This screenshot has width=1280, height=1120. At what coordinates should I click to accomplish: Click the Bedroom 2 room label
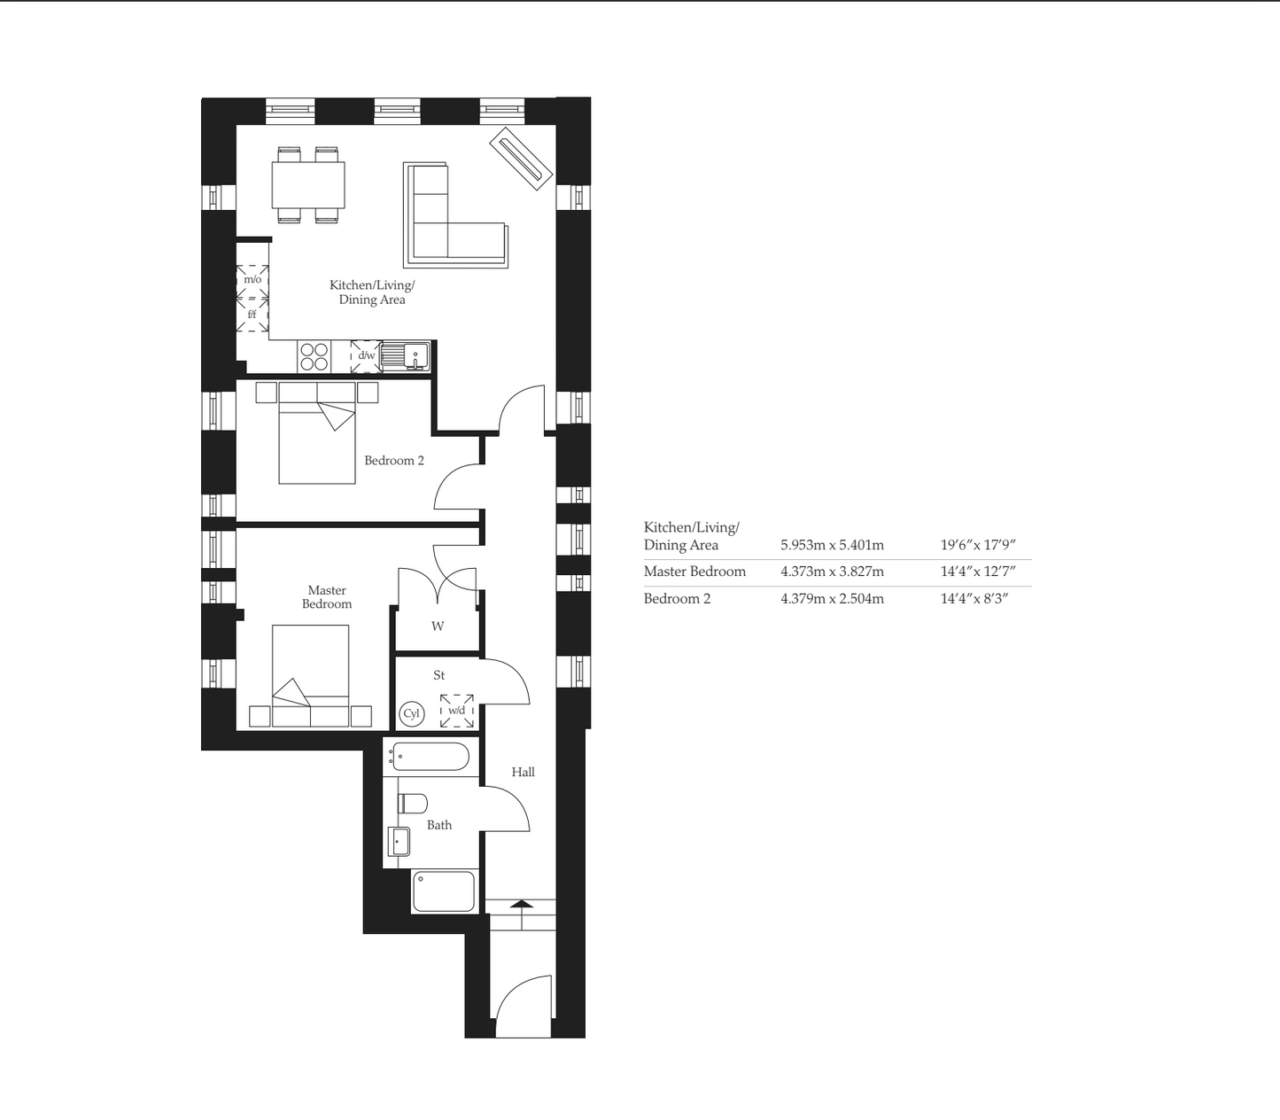pyautogui.click(x=394, y=461)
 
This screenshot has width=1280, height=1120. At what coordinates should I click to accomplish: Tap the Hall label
pyautogui.click(x=523, y=772)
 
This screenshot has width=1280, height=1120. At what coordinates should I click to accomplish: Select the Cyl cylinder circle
pyautogui.click(x=412, y=713)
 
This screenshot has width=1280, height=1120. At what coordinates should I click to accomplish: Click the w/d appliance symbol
pyautogui.click(x=457, y=711)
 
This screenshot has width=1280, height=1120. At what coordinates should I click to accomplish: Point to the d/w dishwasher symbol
pyautogui.click(x=367, y=355)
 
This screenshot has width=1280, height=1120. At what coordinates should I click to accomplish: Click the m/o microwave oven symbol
pyautogui.click(x=252, y=280)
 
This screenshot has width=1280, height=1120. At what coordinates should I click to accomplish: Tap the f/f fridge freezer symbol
pyautogui.click(x=252, y=315)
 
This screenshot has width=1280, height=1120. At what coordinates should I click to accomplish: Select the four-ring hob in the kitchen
pyautogui.click(x=314, y=356)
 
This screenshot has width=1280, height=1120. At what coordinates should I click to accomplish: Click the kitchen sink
pyautogui.click(x=406, y=355)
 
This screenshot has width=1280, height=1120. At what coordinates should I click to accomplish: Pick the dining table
pyautogui.click(x=308, y=185)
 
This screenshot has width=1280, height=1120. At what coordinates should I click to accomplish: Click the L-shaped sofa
pyautogui.click(x=455, y=215)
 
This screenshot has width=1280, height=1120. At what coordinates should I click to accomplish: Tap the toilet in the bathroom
pyautogui.click(x=413, y=804)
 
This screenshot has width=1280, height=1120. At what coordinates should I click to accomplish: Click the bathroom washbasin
pyautogui.click(x=399, y=842)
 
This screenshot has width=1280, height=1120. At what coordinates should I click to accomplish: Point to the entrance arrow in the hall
pyautogui.click(x=522, y=904)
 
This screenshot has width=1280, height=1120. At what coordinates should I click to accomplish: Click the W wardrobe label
pyautogui.click(x=438, y=626)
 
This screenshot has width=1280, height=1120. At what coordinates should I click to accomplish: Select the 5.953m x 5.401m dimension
pyautogui.click(x=832, y=545)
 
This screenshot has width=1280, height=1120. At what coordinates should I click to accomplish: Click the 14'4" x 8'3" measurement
pyautogui.click(x=974, y=599)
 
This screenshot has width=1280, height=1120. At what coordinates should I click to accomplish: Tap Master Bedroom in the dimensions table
pyautogui.click(x=694, y=572)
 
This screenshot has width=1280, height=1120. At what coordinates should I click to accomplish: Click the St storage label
pyautogui.click(x=439, y=675)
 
